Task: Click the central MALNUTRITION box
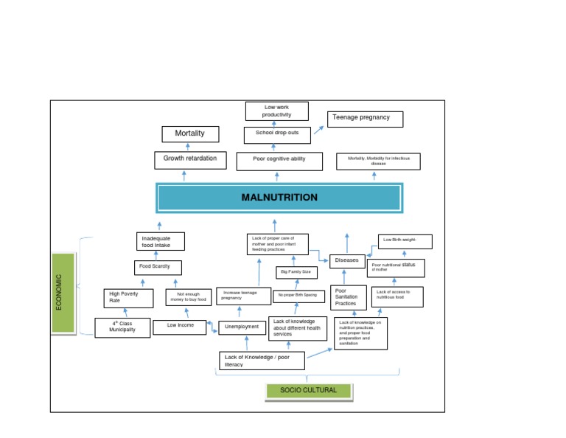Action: pyautogui.click(x=279, y=198)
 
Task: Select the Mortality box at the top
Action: pyautogui.click(x=189, y=134)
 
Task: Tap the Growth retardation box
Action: pyautogui.click(x=190, y=159)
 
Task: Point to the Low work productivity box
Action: pyautogui.click(x=277, y=111)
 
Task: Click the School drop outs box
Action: pyautogui.click(x=277, y=134)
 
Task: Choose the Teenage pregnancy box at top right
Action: pyautogui.click(x=365, y=119)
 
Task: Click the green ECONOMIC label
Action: pyautogui.click(x=63, y=292)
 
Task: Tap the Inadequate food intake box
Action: pyautogui.click(x=160, y=241)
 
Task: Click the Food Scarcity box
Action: pyautogui.click(x=158, y=267)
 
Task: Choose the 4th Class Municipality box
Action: pyautogui.click(x=122, y=327)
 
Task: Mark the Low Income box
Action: pyautogui.click(x=180, y=327)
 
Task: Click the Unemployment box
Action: pyautogui.click(x=242, y=327)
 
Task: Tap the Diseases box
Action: pyautogui.click(x=347, y=261)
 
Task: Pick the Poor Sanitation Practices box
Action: pyautogui.click(x=348, y=297)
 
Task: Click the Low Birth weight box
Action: pyautogui.click(x=405, y=241)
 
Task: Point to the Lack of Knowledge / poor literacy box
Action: pyautogui.click(x=262, y=361)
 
